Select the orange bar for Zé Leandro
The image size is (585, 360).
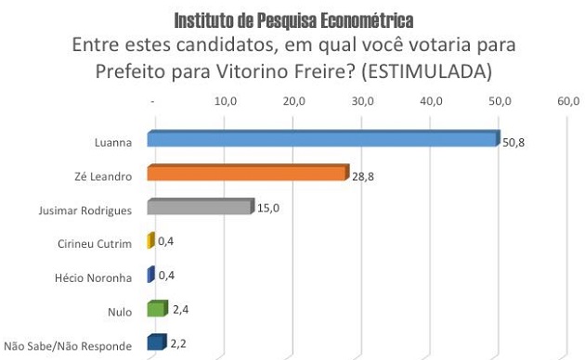click(247, 174)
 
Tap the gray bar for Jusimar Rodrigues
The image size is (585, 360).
click(200, 207)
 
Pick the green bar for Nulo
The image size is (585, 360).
click(157, 309)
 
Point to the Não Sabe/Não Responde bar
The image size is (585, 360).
click(156, 343)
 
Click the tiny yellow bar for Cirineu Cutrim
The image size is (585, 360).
click(150, 241)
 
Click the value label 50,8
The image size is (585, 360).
click(513, 142)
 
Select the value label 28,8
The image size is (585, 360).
click(363, 175)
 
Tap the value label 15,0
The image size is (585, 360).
click(267, 208)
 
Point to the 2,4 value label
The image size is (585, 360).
click(181, 309)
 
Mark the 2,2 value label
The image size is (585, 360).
click(179, 343)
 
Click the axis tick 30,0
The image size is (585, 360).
click(362, 100)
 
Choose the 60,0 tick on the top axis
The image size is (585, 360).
click(567, 100)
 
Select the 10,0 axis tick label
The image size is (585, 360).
click(226, 100)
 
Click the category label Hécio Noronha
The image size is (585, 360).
click(96, 277)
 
